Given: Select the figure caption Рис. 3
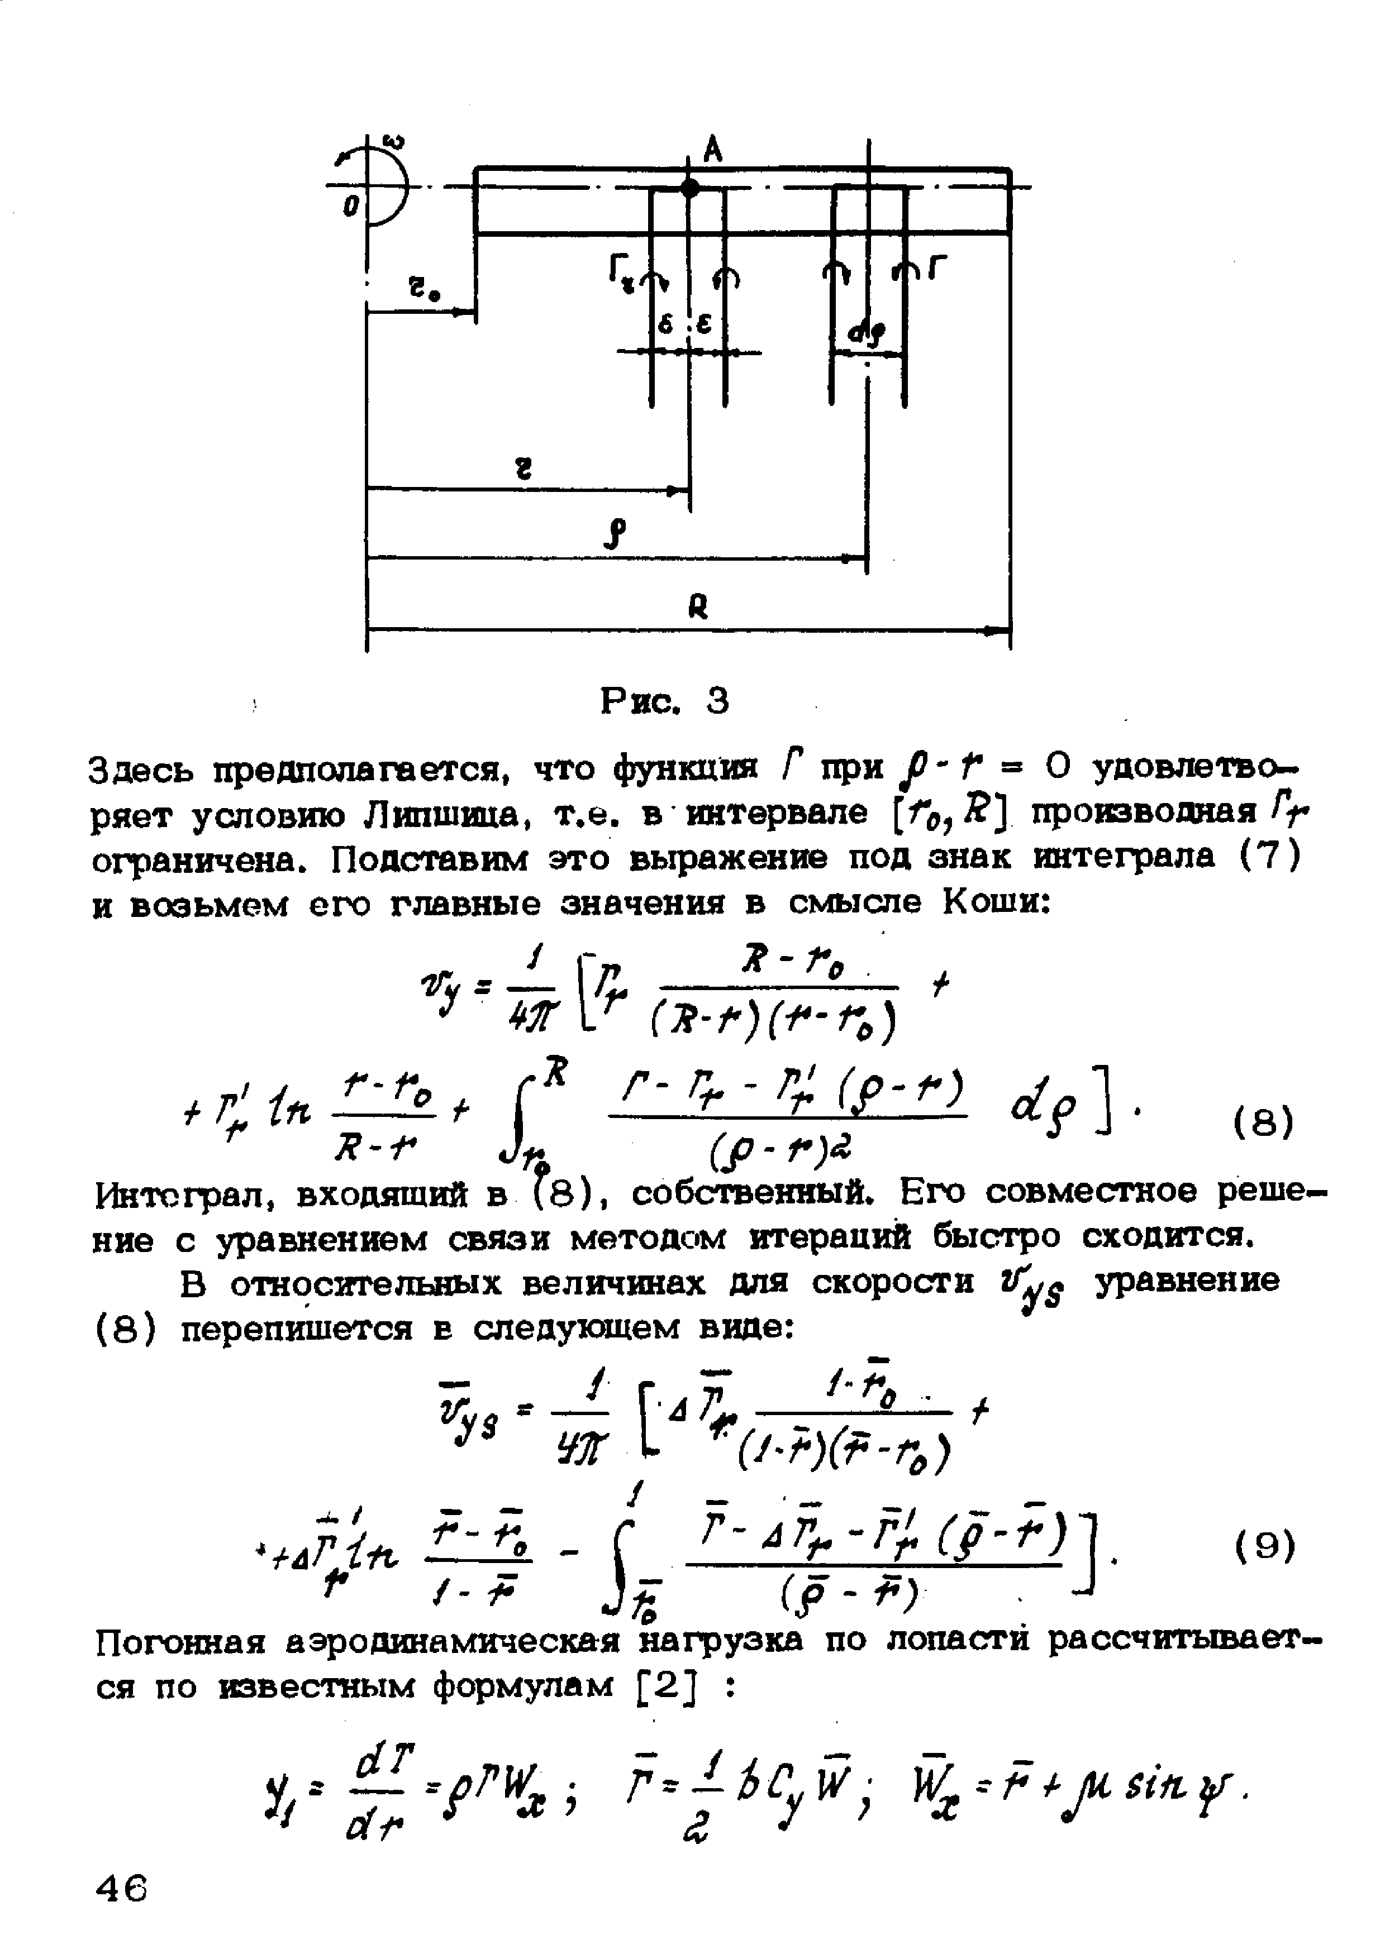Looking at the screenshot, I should pos(665,701).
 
